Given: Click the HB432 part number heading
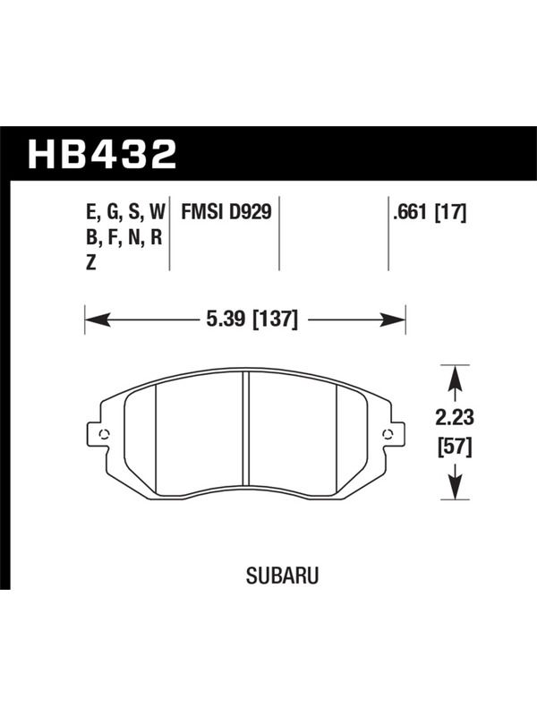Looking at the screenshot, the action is (x=102, y=154).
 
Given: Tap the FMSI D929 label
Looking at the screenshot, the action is (x=226, y=211).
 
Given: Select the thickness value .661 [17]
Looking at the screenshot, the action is (x=430, y=212).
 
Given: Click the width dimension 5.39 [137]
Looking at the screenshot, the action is (x=251, y=319).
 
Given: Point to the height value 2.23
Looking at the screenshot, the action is (x=455, y=417).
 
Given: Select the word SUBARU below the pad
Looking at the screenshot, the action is (x=282, y=575).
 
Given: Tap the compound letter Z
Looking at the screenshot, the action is (x=91, y=262).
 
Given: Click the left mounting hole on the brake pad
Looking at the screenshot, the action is (x=103, y=434).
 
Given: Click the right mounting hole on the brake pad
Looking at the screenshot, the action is (x=388, y=434).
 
